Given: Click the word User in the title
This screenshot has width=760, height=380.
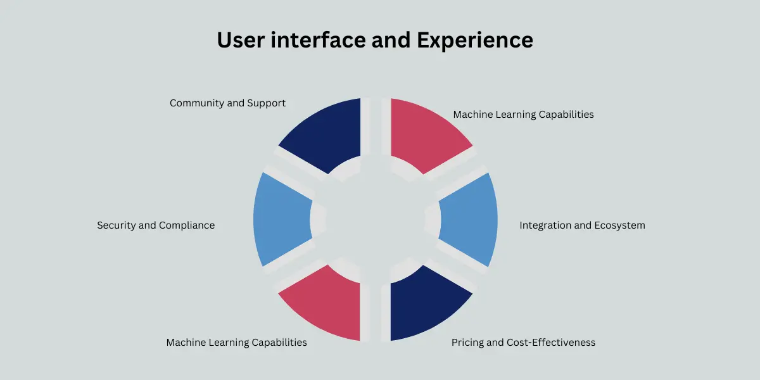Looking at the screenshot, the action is pyautogui.click(x=241, y=40).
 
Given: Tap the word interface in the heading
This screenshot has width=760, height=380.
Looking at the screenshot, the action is pyautogui.click(x=318, y=40).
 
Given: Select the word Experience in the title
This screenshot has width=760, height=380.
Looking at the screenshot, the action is pyautogui.click(x=474, y=41).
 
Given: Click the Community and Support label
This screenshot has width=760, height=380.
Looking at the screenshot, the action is pyautogui.click(x=227, y=103).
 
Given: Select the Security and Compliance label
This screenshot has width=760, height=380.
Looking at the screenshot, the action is pyautogui.click(x=156, y=225).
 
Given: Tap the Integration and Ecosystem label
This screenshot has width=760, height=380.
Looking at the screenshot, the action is pyautogui.click(x=582, y=225).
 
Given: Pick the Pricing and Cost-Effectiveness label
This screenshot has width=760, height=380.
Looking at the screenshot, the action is pyautogui.click(x=523, y=343).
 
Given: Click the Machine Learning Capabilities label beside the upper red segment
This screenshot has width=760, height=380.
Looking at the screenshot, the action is pyautogui.click(x=523, y=115).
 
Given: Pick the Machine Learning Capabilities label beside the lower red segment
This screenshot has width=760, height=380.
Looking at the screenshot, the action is pyautogui.click(x=236, y=343).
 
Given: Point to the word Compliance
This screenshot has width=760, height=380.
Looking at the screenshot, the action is pyautogui.click(x=187, y=225).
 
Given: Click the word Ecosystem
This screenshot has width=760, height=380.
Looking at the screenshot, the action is pyautogui.click(x=619, y=225).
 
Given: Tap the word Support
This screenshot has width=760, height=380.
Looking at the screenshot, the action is pyautogui.click(x=266, y=103).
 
